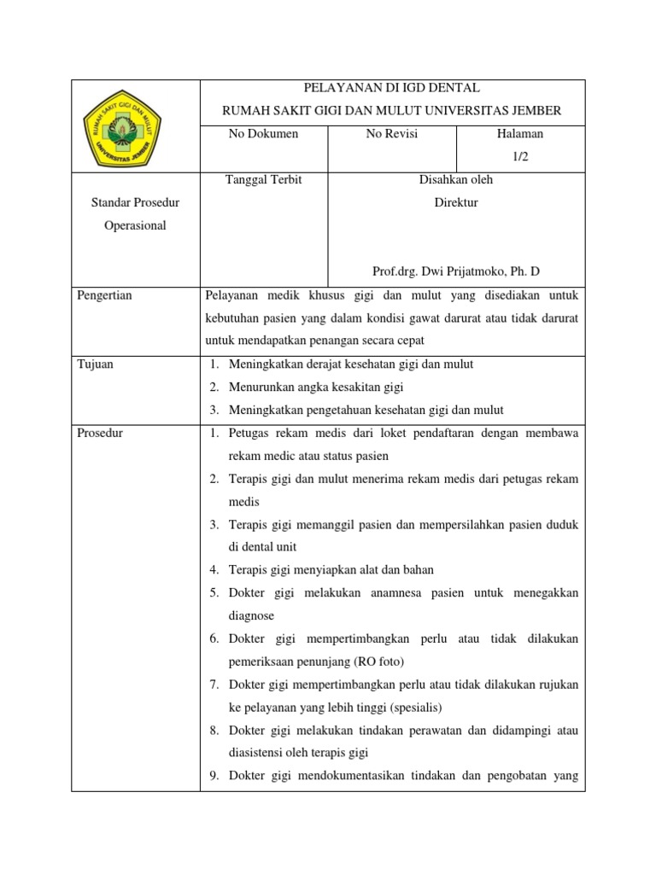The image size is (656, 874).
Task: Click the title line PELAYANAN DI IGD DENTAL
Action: tap(392, 88)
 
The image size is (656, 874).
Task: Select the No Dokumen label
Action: tap(263, 134)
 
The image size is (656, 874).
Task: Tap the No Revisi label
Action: tap(392, 134)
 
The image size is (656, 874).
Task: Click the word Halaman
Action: tap(520, 134)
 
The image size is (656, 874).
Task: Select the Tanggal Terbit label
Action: tap(263, 180)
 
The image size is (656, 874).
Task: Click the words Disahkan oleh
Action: tap(455, 180)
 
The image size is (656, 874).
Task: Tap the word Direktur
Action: tap(455, 203)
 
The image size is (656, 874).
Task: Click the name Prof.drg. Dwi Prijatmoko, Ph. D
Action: tap(455, 272)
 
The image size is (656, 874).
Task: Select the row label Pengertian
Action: tap(105, 295)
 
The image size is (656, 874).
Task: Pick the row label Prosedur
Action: tap(100, 434)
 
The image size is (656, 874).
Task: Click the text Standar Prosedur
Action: tap(134, 203)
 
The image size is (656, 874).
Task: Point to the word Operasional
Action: tap(134, 226)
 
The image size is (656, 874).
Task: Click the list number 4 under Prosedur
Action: tap(214, 569)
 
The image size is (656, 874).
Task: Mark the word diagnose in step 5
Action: tap(251, 615)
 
